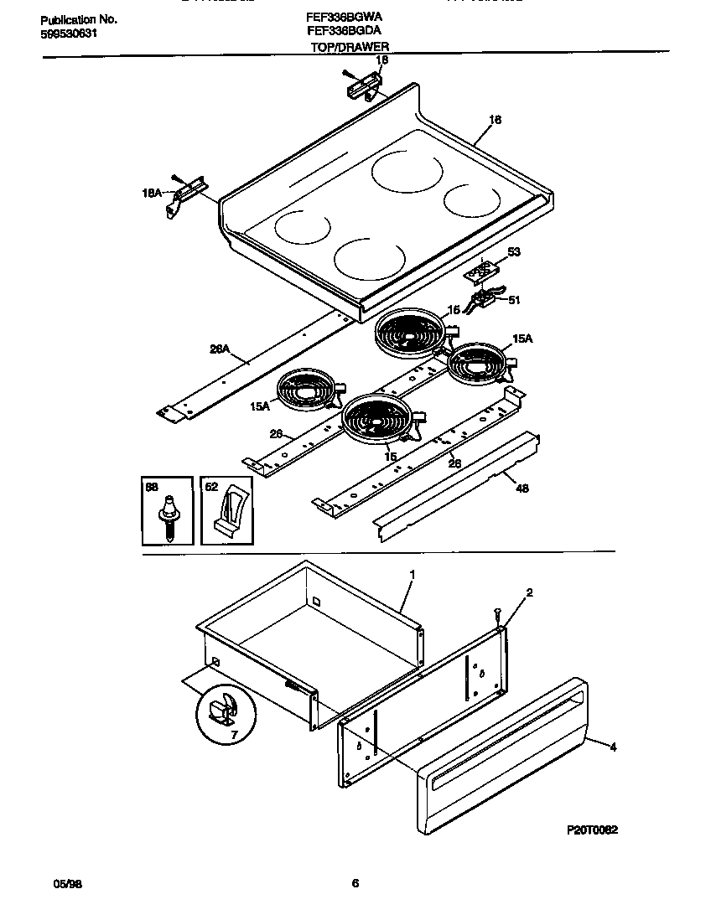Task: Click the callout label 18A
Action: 152,193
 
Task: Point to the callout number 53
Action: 514,251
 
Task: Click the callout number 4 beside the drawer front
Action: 613,747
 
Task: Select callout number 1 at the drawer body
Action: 413,576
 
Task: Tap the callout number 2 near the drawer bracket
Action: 529,592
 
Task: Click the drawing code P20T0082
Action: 592,829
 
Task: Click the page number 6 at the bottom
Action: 355,883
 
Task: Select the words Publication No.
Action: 78,19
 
